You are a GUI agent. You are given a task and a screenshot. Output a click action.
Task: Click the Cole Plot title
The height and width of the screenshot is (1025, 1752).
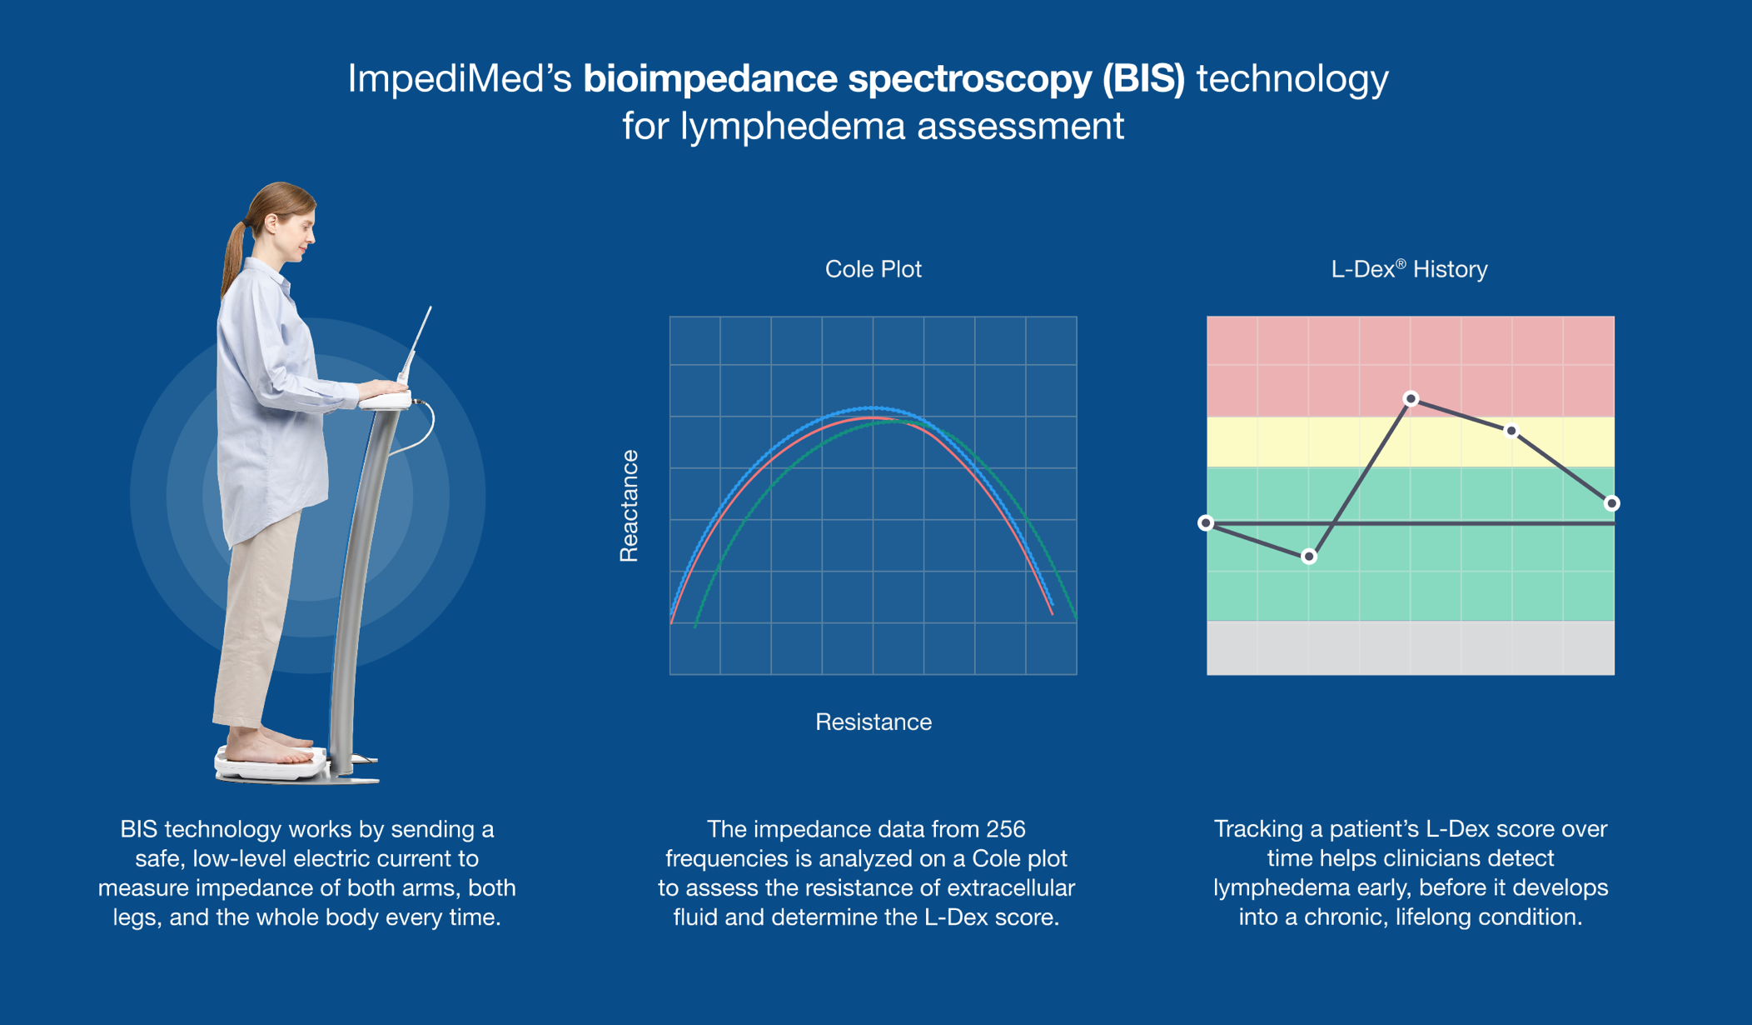click(x=873, y=269)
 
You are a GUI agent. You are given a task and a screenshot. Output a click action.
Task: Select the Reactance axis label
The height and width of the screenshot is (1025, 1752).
click(x=630, y=506)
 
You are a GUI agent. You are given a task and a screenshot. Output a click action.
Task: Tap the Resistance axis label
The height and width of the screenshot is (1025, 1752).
click(x=873, y=722)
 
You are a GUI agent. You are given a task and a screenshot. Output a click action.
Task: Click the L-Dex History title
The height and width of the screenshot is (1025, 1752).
click(x=1409, y=269)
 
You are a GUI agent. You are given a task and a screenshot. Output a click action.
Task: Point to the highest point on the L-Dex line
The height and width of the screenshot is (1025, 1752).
click(x=1411, y=399)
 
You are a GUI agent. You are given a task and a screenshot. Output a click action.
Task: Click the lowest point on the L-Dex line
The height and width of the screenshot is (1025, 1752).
click(x=1309, y=556)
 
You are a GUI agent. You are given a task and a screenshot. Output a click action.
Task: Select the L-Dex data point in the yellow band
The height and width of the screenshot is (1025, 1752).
click(x=1511, y=431)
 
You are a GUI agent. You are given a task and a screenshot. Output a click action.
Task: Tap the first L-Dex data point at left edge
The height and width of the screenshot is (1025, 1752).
click(x=1206, y=523)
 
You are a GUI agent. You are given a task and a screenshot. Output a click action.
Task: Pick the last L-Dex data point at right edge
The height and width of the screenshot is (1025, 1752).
click(x=1612, y=503)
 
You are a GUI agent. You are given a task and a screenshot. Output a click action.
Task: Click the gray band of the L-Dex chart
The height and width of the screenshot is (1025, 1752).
click(x=1410, y=647)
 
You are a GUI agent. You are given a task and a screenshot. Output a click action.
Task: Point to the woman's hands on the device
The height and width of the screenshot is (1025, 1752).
click(x=385, y=388)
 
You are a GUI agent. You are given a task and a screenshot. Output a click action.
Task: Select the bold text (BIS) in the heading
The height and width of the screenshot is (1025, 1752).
click(x=1142, y=79)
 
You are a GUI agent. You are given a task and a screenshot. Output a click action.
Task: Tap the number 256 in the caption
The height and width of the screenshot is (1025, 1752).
click(x=1005, y=829)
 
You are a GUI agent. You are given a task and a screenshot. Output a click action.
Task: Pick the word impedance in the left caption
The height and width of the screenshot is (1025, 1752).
click(x=237, y=887)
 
